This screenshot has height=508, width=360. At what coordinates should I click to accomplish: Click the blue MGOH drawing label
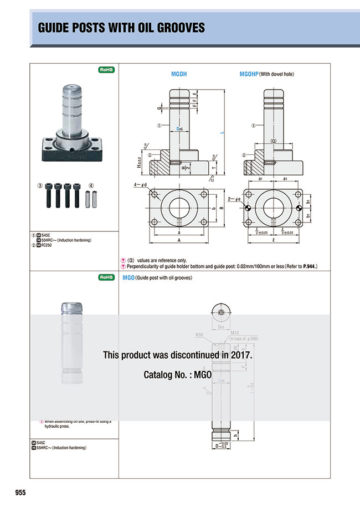click(x=179, y=74)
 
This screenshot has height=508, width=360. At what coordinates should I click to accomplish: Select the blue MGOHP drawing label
click(x=249, y=74)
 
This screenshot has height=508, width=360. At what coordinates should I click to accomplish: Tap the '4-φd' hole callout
click(x=141, y=184)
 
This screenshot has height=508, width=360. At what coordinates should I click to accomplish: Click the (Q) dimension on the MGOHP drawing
click(x=273, y=141)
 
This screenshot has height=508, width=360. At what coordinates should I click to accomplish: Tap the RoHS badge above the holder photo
click(x=106, y=70)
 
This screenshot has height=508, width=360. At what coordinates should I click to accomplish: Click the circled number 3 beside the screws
click(x=40, y=185)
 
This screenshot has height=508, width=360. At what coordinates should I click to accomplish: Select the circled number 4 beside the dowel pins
click(x=92, y=185)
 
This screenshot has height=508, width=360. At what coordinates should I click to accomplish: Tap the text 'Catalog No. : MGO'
click(x=178, y=375)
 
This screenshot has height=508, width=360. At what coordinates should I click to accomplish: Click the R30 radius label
click(x=200, y=335)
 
